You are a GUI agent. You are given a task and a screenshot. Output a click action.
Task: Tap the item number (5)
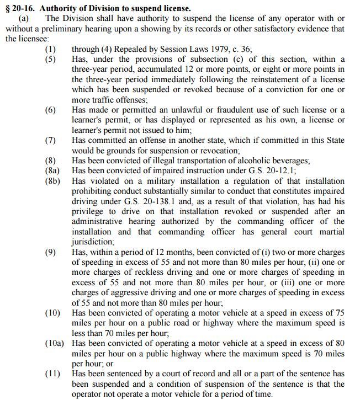[50, 59]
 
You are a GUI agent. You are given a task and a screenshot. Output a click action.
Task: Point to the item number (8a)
[52, 170]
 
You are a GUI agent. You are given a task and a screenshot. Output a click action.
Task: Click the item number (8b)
[52, 180]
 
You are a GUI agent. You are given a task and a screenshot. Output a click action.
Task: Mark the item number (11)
[52, 374]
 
